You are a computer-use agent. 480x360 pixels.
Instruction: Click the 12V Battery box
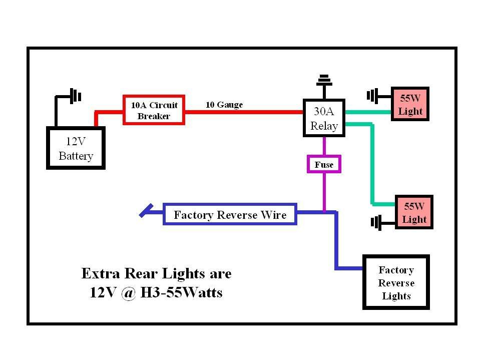[76, 148]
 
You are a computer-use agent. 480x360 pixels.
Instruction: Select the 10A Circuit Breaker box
[154, 110]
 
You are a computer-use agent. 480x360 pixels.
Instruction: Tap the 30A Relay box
[324, 118]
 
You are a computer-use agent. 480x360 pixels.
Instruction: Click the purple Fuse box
[324, 164]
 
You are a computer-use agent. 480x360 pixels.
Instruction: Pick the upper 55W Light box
[410, 105]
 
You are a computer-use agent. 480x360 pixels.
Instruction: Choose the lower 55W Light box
[414, 212]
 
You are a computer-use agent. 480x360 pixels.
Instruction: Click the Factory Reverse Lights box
[396, 283]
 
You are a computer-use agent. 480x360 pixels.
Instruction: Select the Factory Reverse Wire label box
[230, 214]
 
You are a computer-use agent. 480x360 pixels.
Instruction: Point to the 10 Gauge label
[224, 105]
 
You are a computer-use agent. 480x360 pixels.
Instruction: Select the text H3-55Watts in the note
[181, 292]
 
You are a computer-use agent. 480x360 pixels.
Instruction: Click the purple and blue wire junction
[324, 212]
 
